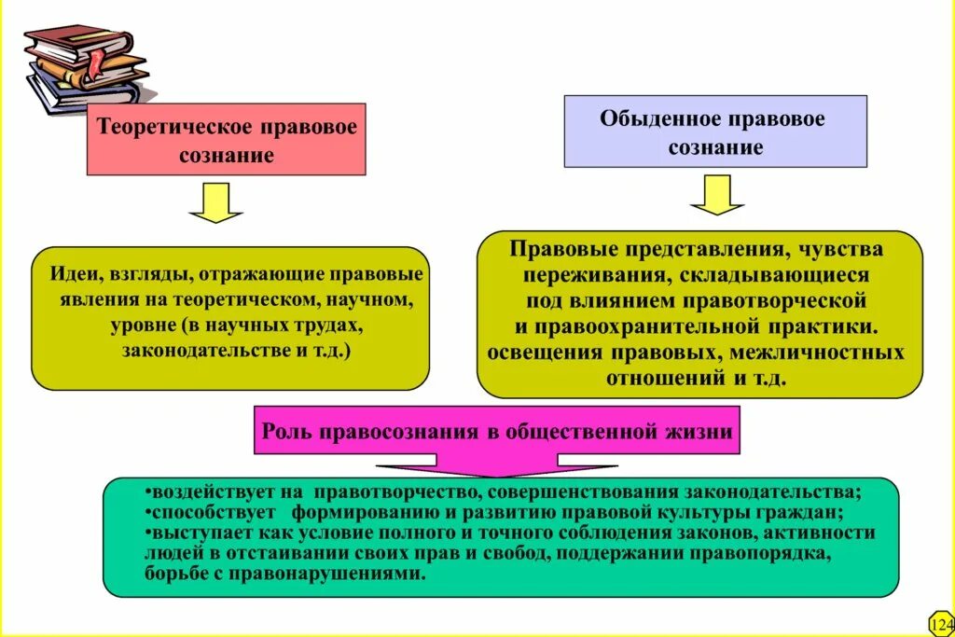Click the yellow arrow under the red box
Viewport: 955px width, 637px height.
(215, 202)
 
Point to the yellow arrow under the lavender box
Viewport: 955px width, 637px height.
(716, 194)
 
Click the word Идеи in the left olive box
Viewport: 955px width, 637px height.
(76, 276)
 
